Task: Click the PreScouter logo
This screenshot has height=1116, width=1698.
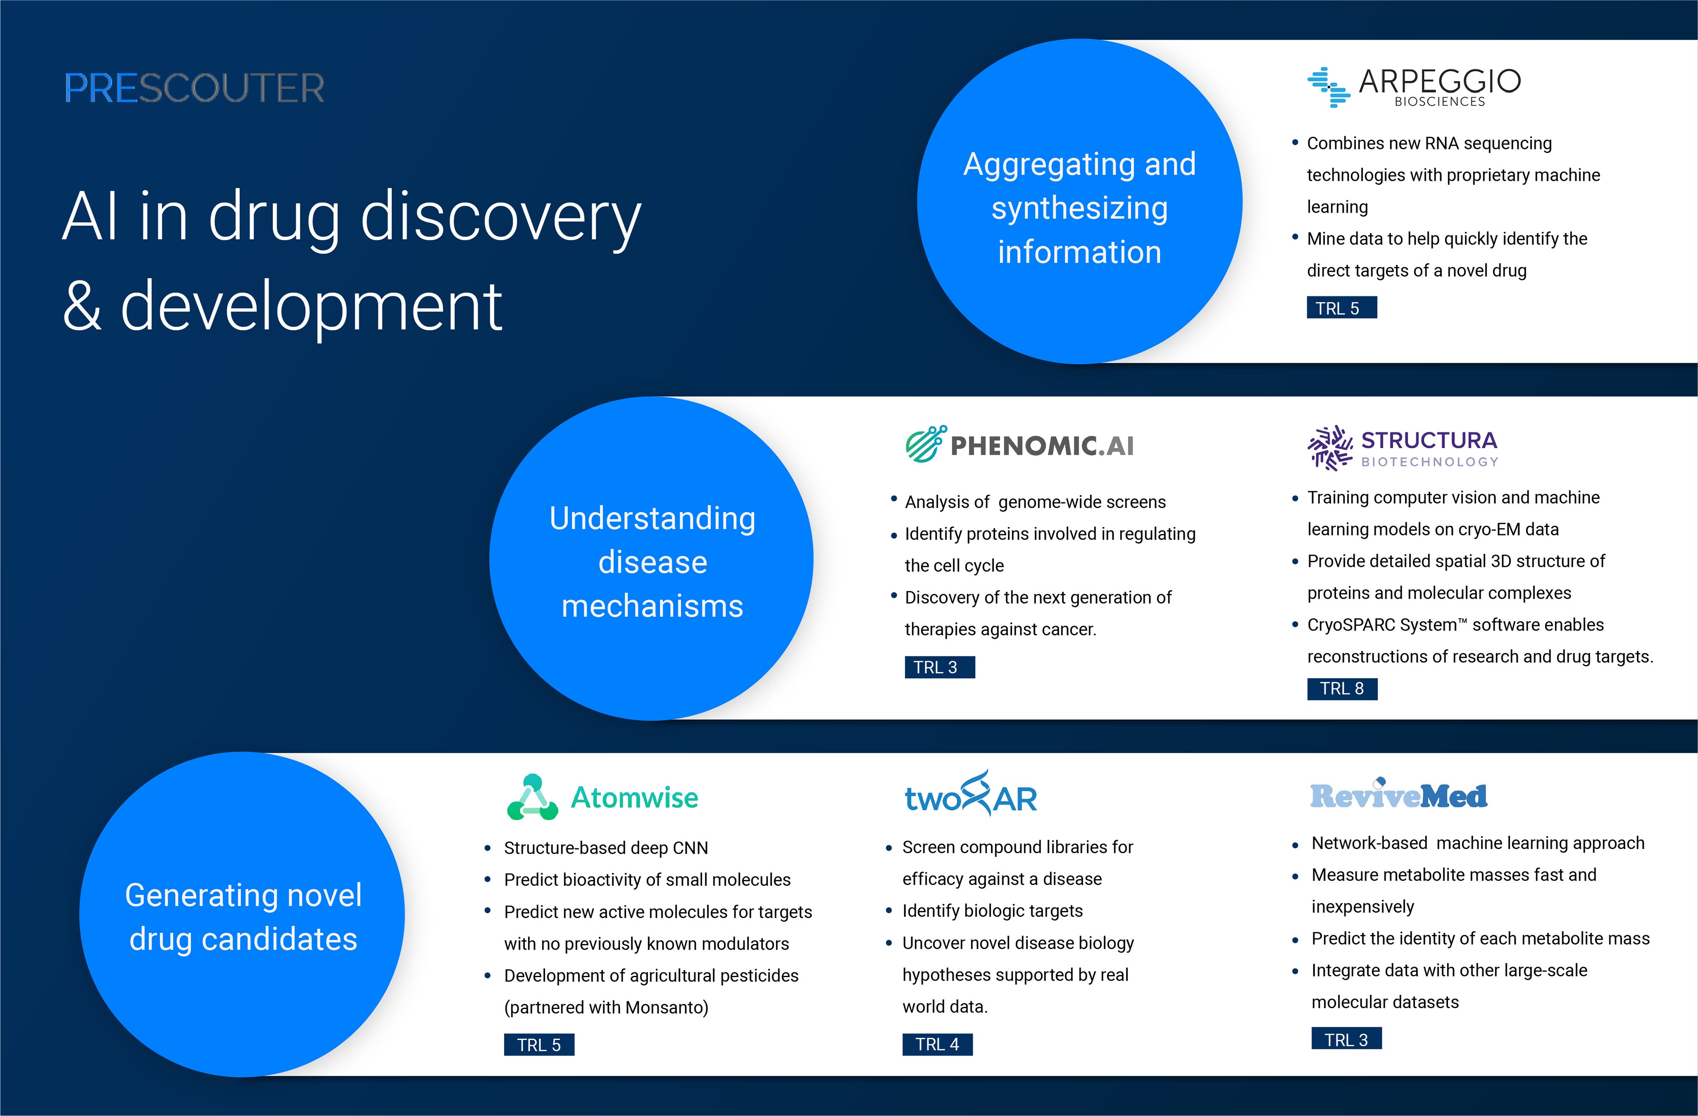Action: [x=194, y=88]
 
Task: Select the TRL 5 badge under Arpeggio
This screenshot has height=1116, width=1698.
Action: [x=1341, y=308]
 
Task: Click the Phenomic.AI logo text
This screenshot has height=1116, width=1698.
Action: [x=1042, y=446]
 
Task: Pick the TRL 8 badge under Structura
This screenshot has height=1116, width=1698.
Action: [x=1342, y=688]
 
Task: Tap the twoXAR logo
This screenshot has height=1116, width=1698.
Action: [x=970, y=796]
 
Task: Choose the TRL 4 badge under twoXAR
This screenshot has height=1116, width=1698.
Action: [x=937, y=1044]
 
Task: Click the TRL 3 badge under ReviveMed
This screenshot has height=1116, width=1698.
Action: [x=1346, y=1039]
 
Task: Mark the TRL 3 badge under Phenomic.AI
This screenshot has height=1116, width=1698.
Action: [x=939, y=667]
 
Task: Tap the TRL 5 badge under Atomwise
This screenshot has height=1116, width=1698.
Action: [x=539, y=1045]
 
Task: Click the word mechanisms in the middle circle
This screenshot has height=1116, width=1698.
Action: [x=652, y=606]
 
